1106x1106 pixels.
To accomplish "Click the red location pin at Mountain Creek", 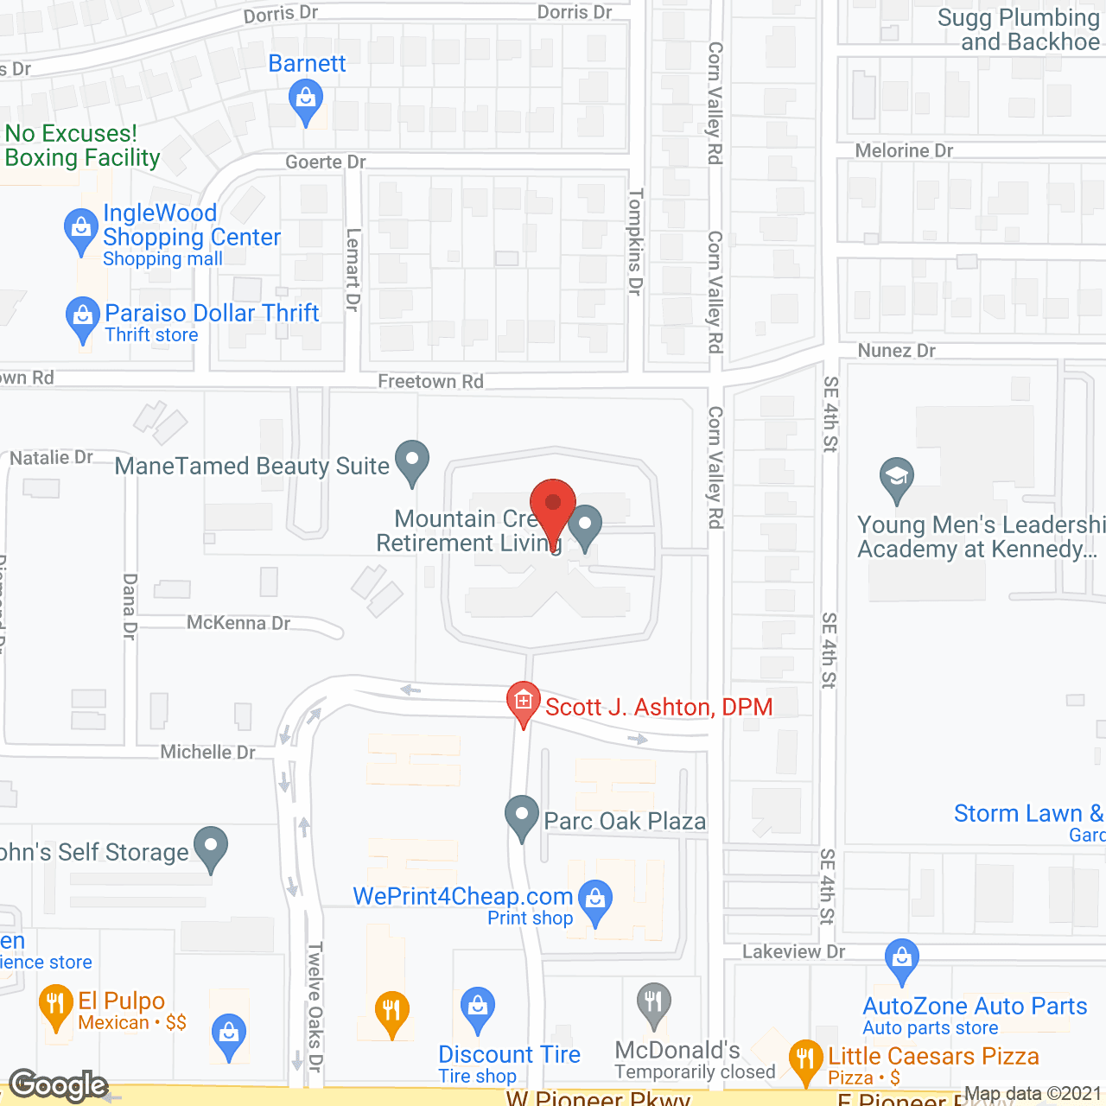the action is point(553,506).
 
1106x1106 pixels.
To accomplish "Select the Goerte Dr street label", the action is point(326,162).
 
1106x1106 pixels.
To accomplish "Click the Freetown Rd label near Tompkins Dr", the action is point(430,381).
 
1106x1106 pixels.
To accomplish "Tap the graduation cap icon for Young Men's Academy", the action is point(897,478).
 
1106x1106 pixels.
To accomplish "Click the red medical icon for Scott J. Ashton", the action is point(523,701).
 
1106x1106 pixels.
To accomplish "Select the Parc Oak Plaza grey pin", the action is point(521,816).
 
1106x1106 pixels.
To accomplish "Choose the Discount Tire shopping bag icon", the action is point(477,1007).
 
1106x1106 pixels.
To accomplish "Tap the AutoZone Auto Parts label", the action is point(975,1006).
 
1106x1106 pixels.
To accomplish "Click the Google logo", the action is point(59,1085).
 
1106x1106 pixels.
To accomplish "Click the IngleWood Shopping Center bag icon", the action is point(81,231).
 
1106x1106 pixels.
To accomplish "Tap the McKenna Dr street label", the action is point(238,623).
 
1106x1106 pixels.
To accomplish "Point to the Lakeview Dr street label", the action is point(793,951).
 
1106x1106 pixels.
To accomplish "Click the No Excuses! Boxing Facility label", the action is point(83,145).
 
